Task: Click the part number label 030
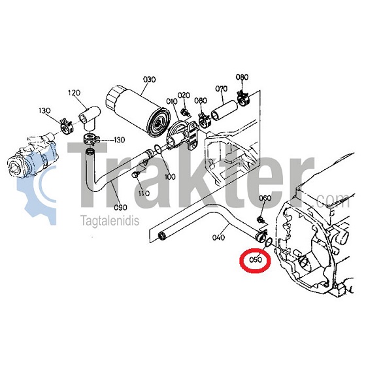coord(149,80)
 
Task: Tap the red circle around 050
coord(256,249)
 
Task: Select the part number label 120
coord(75,93)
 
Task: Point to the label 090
coord(120,207)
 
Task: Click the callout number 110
coord(144,193)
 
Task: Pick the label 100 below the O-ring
coord(170,176)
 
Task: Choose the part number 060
coord(265,198)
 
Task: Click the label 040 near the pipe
coord(219,238)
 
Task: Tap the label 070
coord(221,89)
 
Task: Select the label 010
coord(172,101)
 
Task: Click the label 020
coord(184,95)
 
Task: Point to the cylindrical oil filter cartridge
coord(137,110)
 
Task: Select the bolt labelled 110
coord(135,175)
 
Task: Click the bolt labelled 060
coord(260,220)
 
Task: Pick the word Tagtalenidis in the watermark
coord(110,221)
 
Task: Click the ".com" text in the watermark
coord(333,201)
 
